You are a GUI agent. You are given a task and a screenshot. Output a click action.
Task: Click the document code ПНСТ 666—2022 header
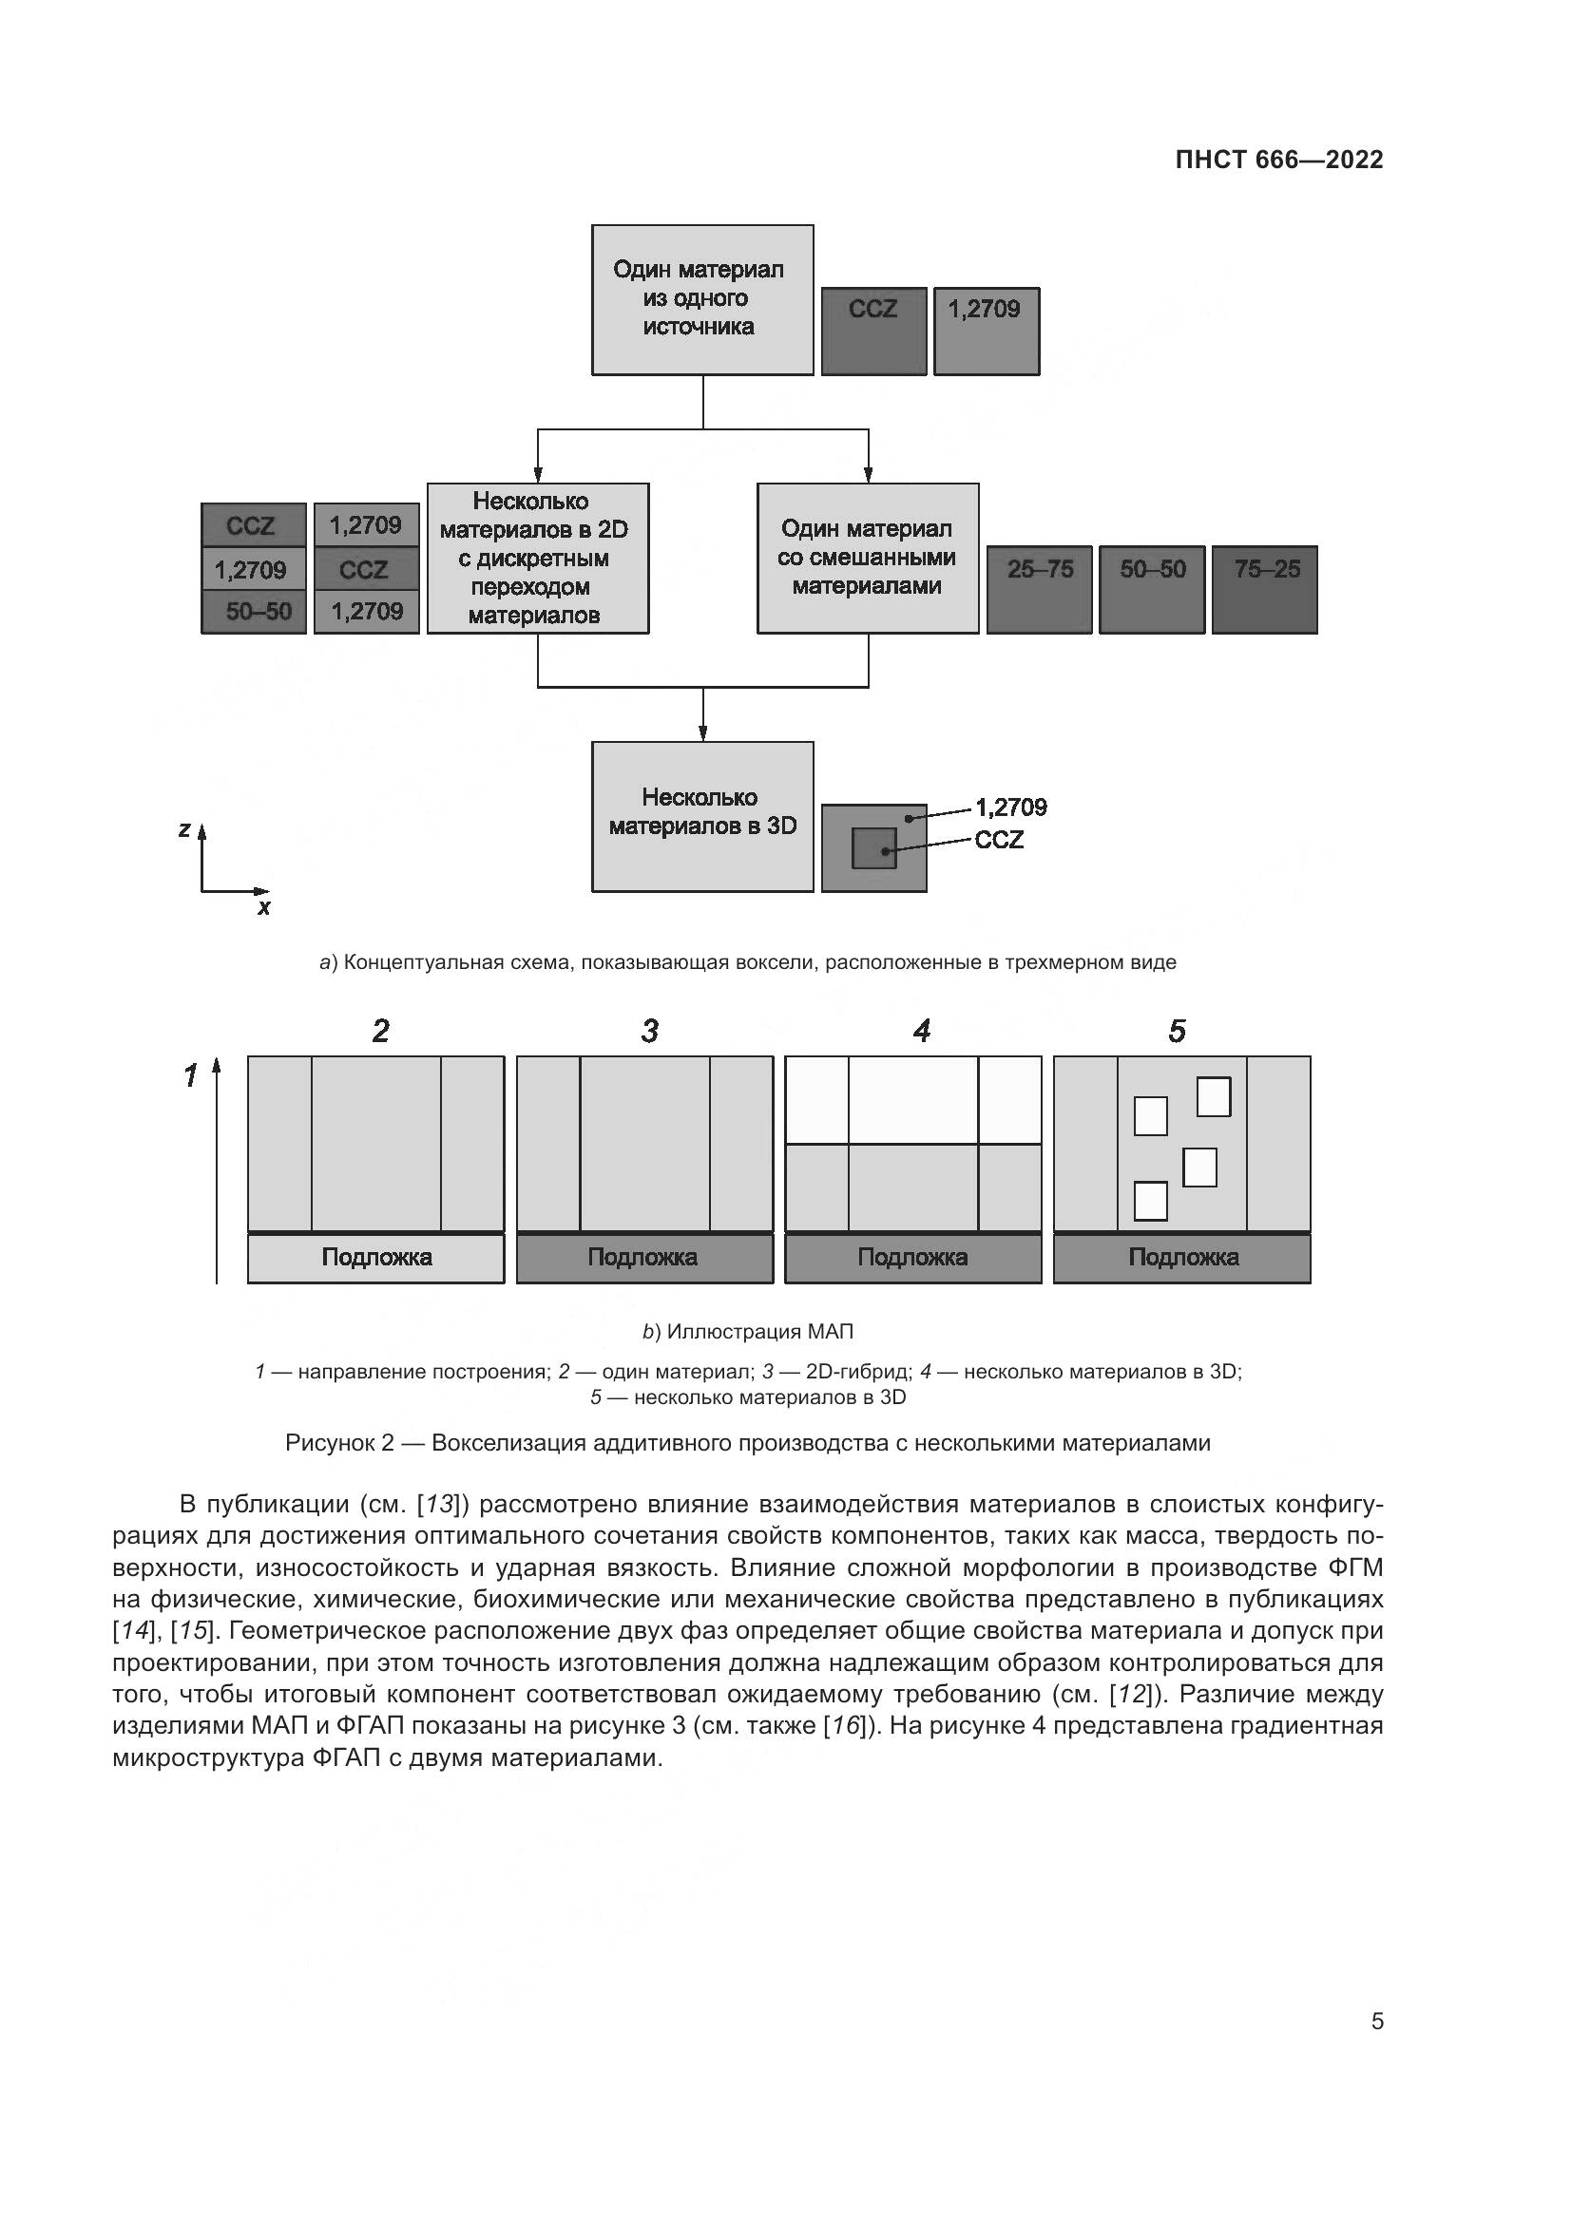1278,160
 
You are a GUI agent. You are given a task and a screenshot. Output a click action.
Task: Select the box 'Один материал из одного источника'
701,299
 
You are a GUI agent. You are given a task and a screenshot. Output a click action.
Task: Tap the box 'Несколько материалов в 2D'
537,558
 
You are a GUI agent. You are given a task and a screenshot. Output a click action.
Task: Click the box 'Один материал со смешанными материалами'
868,558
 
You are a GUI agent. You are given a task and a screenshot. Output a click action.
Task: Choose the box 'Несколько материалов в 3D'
701,815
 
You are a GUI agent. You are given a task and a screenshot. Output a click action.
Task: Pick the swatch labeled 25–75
1040,588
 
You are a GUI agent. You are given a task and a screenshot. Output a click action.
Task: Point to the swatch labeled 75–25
1264,588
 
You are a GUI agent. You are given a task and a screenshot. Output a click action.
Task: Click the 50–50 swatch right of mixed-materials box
1152,588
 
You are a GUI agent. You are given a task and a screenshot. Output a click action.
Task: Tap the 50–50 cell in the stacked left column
255,612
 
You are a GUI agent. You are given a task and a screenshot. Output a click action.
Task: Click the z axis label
184,829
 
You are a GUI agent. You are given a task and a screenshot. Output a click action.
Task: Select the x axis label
264,908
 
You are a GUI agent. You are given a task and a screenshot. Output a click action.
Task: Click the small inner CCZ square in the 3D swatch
873,847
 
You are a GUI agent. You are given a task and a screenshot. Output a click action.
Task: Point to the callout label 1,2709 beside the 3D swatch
1010,807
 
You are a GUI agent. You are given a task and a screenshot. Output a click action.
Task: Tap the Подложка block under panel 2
375,1257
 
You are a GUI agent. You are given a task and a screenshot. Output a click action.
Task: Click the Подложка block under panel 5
1182,1257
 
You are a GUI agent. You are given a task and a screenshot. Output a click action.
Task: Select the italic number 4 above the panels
921,1031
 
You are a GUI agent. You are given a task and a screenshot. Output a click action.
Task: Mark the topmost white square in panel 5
1213,1096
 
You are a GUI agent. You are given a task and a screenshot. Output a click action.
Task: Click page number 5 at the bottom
1376,2021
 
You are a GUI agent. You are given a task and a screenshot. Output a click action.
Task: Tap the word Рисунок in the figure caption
332,1443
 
